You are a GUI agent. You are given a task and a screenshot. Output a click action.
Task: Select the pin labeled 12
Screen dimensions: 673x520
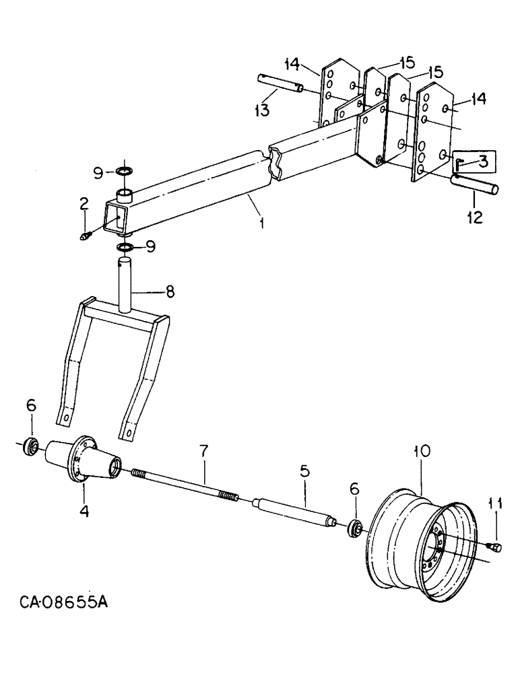pos(474,182)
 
